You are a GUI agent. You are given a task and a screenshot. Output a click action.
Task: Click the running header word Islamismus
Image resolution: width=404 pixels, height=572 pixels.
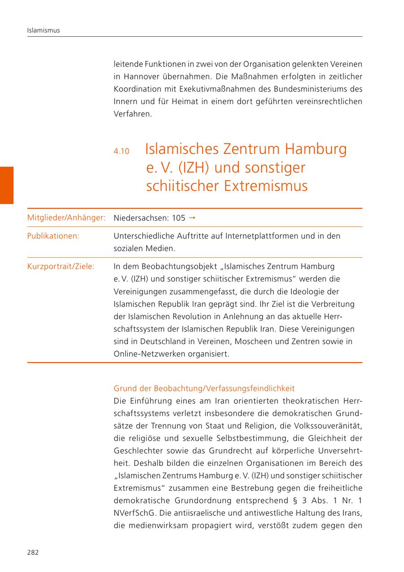[44, 30]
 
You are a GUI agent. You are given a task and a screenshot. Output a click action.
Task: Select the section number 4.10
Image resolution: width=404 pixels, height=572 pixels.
[121, 152]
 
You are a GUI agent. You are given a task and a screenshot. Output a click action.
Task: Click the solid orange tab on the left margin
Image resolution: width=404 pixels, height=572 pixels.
[7, 185]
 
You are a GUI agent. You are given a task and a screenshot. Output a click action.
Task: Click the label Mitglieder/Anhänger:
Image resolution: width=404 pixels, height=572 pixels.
[66, 218]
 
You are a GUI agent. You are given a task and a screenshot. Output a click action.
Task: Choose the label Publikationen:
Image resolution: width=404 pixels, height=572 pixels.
[53, 236]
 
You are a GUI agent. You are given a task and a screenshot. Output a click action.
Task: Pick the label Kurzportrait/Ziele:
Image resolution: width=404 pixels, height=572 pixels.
[61, 267]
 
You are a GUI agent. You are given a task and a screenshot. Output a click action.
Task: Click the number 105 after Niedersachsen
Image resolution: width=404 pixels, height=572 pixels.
[178, 218]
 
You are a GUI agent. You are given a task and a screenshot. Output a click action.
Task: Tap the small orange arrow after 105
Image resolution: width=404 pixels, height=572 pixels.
[192, 218]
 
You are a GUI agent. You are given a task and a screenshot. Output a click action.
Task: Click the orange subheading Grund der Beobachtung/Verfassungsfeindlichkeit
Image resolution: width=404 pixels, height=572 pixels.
[204, 388]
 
